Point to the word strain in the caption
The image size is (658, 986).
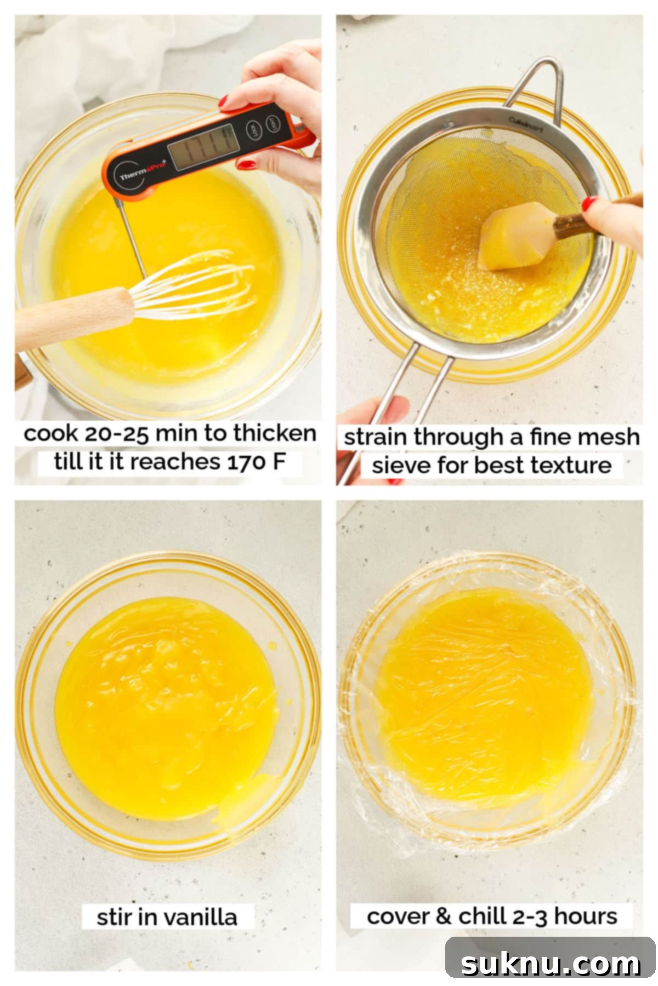[376, 437]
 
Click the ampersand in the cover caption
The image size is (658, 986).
[442, 916]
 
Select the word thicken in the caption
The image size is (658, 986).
[275, 433]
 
